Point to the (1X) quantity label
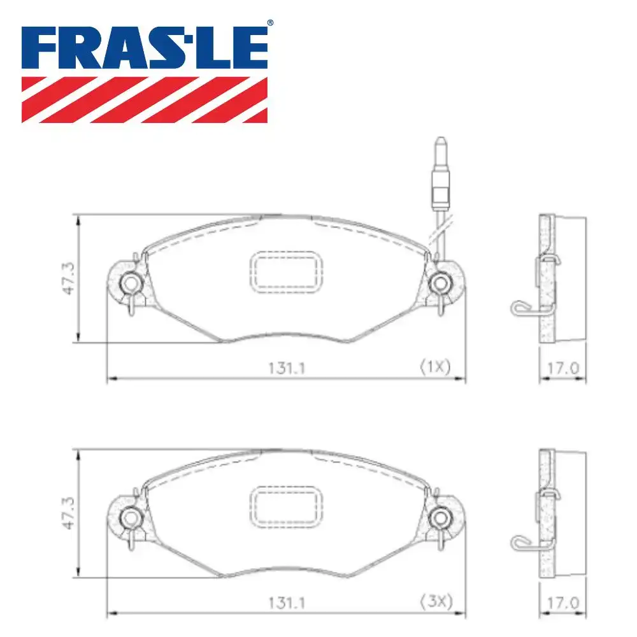[x=434, y=367]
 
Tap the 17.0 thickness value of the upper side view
[x=563, y=368]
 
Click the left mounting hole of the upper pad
[x=131, y=282]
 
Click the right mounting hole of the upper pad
[x=440, y=282]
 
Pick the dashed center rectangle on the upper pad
[x=285, y=272]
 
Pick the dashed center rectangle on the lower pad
[x=285, y=508]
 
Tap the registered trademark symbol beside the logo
[x=270, y=23]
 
